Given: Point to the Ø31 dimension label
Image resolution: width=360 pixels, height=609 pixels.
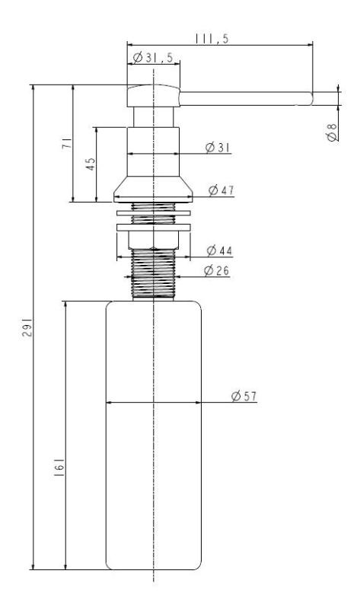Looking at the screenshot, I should (x=218, y=148).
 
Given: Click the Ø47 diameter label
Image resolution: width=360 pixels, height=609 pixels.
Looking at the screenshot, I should (x=221, y=190).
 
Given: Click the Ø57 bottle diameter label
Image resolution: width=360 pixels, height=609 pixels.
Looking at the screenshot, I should (x=244, y=396).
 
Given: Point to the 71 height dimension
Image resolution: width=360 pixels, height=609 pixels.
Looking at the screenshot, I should (x=67, y=145).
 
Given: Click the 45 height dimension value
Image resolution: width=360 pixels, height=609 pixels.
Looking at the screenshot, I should (x=91, y=165).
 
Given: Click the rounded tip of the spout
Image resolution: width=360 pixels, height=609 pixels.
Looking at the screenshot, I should (x=310, y=97).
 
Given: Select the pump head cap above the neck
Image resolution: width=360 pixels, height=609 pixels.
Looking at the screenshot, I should (x=154, y=96).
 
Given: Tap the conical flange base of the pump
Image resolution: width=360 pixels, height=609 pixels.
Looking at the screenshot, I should (x=154, y=190).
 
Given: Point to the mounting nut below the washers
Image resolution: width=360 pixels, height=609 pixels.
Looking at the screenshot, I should (x=154, y=240).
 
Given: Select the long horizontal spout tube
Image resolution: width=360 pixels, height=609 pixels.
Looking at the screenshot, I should (x=244, y=97).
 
